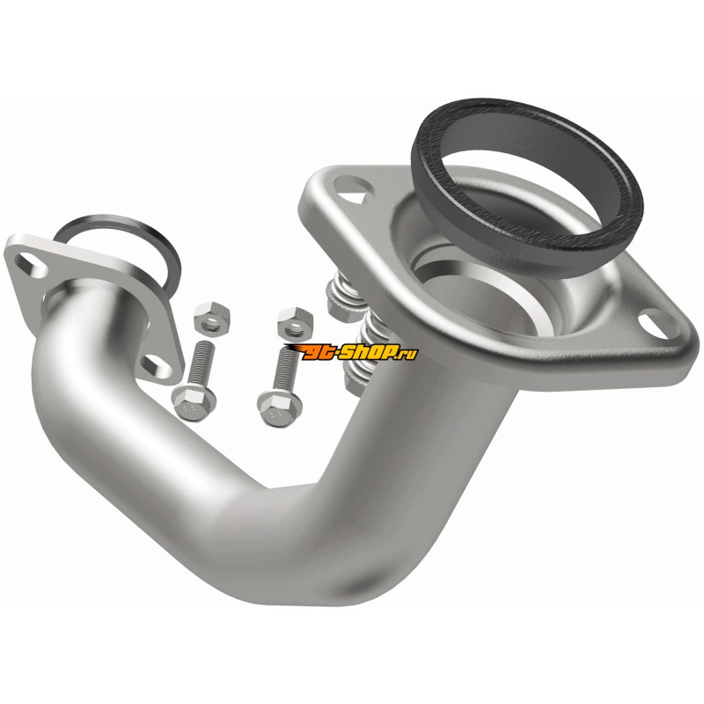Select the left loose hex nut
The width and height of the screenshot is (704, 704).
coord(212,318)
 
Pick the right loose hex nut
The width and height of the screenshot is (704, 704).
coord(295,322)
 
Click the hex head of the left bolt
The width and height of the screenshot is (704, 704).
coord(194,403)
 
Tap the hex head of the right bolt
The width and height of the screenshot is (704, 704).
coord(279,408)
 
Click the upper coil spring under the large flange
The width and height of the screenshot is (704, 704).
coord(343,297)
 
